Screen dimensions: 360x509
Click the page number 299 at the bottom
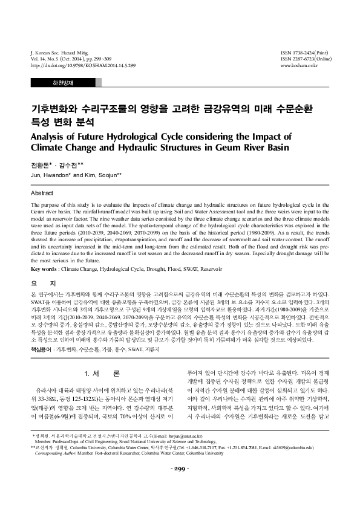(180, 486)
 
